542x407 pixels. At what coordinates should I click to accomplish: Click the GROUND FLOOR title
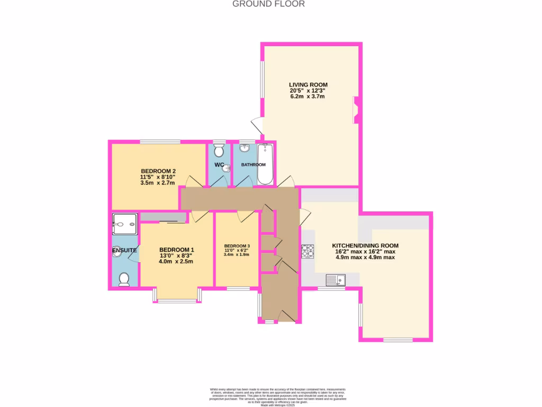(x=269, y=4)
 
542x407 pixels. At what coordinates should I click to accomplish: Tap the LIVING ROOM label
(x=308, y=85)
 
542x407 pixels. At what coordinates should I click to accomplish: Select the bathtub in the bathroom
(x=265, y=165)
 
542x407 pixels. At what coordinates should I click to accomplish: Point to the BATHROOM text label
(x=253, y=165)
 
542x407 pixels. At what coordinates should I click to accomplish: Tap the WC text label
(x=219, y=165)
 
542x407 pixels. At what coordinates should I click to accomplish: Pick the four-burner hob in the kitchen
(x=308, y=251)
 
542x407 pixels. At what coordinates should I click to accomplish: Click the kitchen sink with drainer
(x=335, y=279)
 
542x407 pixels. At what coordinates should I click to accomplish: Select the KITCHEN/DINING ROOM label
(x=365, y=245)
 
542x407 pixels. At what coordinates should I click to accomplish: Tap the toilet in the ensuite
(x=124, y=279)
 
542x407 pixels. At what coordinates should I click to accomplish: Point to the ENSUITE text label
(x=124, y=250)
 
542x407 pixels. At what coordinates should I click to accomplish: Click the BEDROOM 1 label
(x=176, y=250)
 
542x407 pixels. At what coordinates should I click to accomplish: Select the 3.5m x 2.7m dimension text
(x=158, y=183)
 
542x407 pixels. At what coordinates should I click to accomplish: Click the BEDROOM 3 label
(x=237, y=246)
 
